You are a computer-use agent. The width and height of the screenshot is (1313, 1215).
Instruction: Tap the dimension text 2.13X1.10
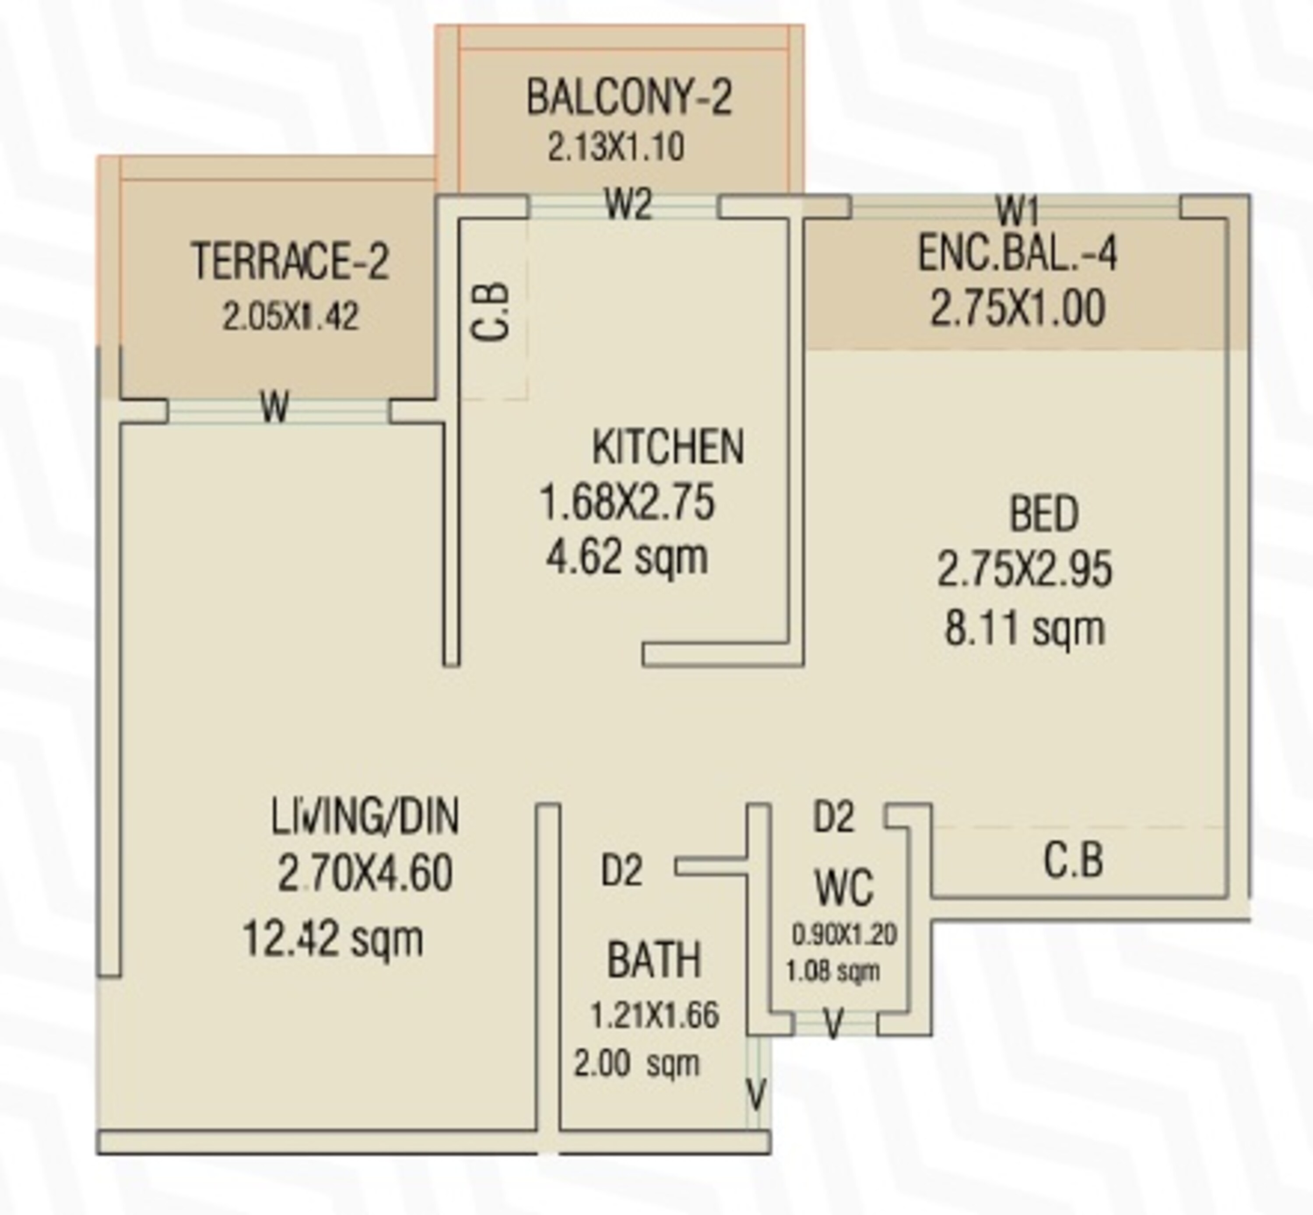(616, 147)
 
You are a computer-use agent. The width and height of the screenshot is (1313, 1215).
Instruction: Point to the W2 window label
(628, 205)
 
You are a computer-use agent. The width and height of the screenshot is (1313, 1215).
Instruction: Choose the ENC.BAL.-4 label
(1017, 255)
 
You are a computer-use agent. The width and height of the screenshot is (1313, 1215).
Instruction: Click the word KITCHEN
(668, 447)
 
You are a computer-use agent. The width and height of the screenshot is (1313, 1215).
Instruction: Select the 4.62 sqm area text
(627, 558)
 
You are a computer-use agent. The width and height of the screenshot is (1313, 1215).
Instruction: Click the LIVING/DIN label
(365, 817)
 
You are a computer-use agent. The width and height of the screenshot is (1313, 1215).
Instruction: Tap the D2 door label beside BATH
(621, 871)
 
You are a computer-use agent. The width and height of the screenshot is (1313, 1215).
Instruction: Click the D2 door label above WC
(834, 817)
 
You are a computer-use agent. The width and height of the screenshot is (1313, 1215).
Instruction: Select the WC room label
(844, 888)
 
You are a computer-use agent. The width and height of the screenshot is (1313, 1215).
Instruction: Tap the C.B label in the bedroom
(1073, 860)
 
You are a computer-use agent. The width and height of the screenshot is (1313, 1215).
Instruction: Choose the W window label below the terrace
(275, 407)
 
